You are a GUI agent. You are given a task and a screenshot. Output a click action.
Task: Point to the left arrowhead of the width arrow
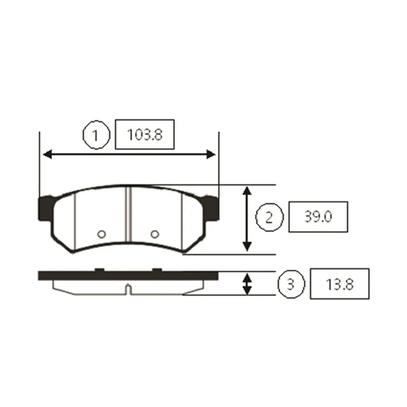coord(47,155)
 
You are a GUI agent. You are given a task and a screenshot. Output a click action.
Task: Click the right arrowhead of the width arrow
coord(211,154)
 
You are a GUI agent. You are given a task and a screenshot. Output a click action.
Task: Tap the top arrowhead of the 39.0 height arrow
coord(247,191)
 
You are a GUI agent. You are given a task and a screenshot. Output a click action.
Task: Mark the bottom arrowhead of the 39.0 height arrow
coord(247,247)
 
